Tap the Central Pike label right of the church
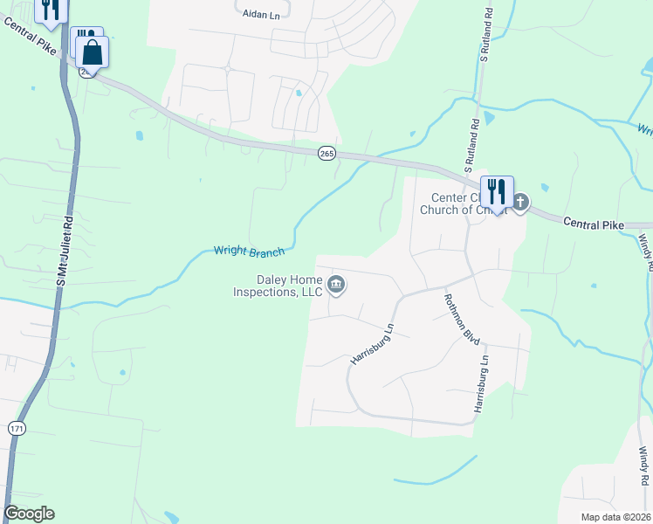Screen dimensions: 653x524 point(594,224)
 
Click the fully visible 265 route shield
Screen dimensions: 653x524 point(326,153)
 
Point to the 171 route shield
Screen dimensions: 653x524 point(17,428)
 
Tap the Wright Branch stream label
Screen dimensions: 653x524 point(249,252)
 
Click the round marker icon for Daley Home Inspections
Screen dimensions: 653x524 point(336,285)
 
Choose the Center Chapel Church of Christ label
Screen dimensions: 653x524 point(463,203)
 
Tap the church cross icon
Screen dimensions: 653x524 point(520,203)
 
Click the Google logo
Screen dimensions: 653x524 point(30,514)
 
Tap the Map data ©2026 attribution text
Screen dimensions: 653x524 point(616,517)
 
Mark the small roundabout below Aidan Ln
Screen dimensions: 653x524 point(227,68)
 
